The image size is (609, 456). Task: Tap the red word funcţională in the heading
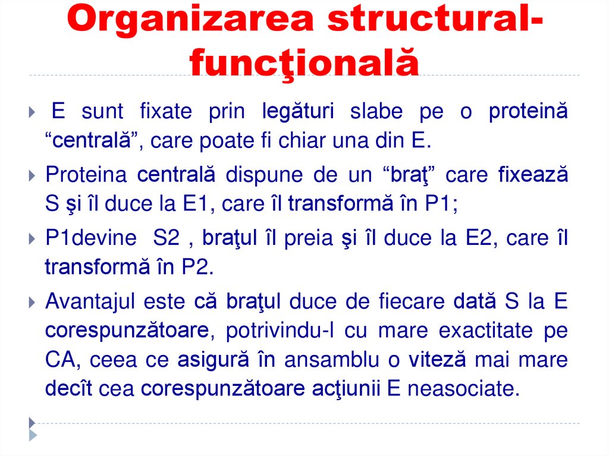point(304,63)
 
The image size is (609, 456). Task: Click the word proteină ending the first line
point(528,111)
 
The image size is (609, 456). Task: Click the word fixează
point(533,175)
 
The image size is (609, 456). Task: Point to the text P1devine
point(91,238)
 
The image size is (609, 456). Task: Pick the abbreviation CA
point(58,360)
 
